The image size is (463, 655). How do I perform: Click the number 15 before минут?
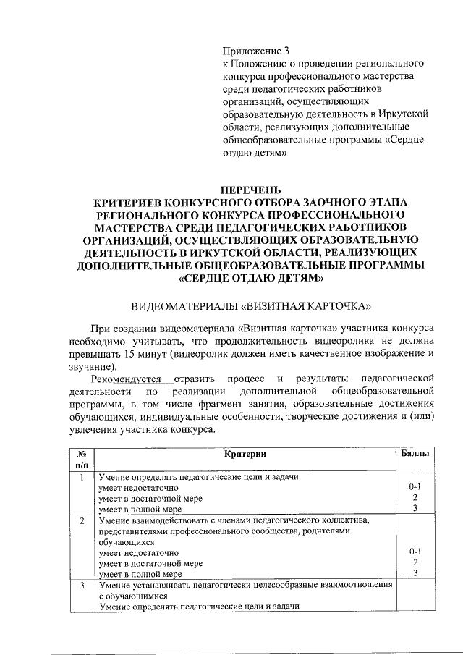tap(130, 354)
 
